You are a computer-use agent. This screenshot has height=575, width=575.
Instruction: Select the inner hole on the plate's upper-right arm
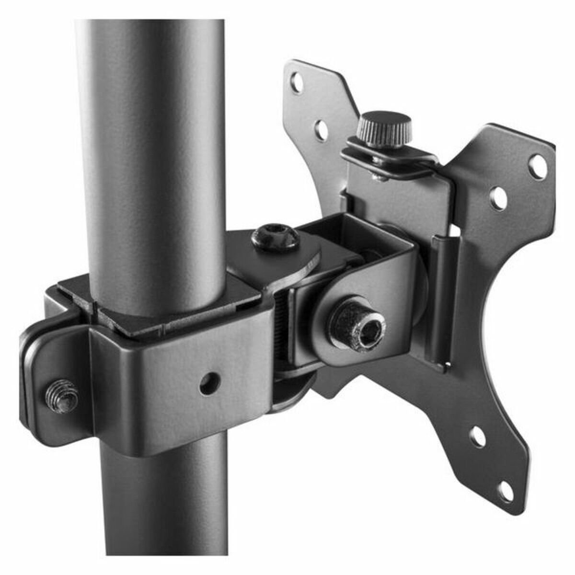click(499, 197)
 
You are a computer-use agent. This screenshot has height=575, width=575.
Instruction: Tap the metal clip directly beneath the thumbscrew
click(388, 161)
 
